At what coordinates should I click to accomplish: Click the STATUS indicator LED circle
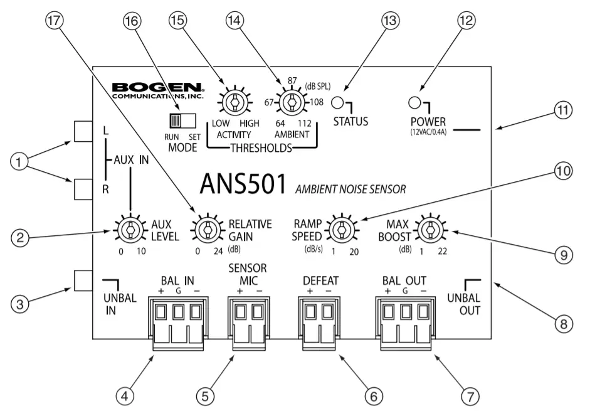point(337,104)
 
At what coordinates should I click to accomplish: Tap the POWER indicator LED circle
point(414,103)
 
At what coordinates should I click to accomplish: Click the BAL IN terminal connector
point(177,317)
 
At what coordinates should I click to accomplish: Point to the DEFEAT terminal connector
point(318,317)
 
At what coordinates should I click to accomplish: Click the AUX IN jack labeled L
point(84,131)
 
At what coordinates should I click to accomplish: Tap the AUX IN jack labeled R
point(84,187)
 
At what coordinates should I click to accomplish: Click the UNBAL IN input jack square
point(84,280)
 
